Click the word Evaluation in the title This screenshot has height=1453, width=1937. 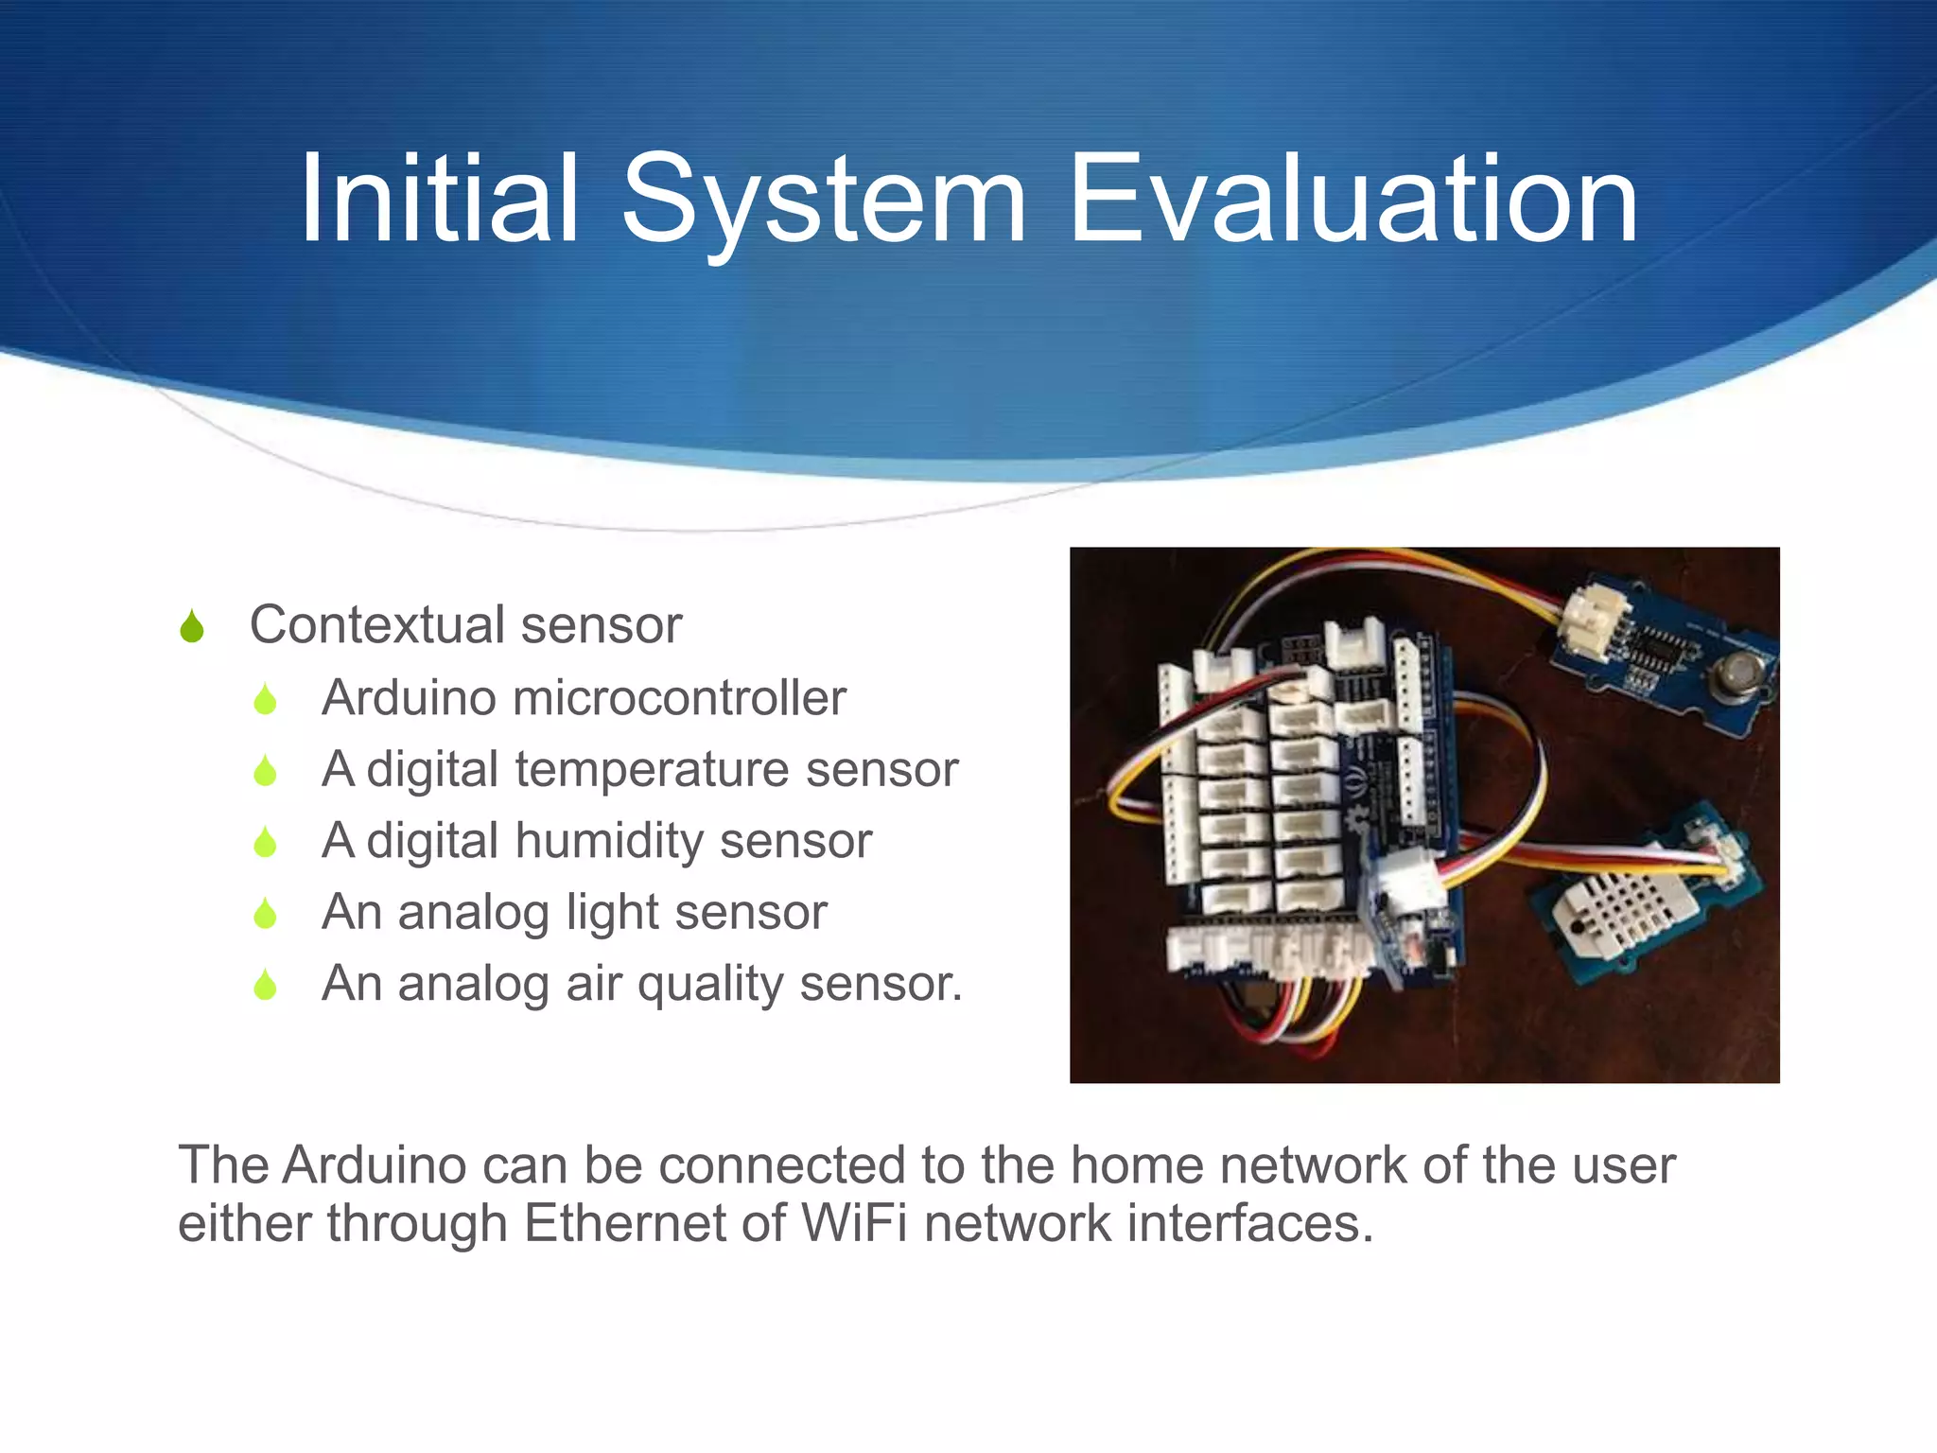click(1352, 201)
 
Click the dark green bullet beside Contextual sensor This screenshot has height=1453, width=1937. click(192, 626)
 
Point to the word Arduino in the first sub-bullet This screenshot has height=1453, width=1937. click(409, 698)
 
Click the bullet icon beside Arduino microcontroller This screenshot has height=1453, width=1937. click(266, 699)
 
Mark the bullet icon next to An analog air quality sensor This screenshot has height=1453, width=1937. click(266, 985)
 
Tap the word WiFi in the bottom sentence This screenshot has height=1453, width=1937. click(854, 1223)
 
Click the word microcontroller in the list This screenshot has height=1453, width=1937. click(679, 698)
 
